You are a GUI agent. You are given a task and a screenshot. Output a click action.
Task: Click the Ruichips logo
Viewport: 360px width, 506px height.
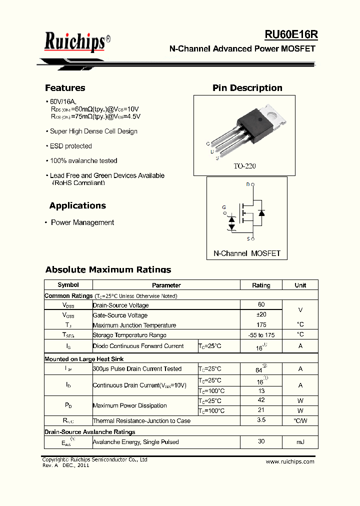[74, 42]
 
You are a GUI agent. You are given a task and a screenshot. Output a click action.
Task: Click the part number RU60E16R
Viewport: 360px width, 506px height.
[291, 34]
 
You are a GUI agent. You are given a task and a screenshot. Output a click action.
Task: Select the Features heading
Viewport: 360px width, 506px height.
[65, 88]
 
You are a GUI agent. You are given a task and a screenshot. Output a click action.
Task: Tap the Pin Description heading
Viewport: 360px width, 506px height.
[247, 88]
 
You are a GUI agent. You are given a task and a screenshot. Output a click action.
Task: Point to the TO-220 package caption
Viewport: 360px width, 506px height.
[244, 166]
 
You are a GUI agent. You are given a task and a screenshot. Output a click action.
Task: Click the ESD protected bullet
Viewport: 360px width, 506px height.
[70, 146]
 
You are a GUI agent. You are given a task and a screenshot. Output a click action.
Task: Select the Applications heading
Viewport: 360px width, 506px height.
[77, 205]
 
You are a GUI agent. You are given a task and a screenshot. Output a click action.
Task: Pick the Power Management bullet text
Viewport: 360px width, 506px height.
[82, 222]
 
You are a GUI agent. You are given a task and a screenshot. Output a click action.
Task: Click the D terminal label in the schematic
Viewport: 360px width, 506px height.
[248, 184]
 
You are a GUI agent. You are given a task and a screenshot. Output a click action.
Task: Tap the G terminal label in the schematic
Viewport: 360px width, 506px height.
[224, 207]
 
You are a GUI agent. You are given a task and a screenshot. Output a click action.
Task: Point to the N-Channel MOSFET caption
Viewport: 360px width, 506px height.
[247, 253]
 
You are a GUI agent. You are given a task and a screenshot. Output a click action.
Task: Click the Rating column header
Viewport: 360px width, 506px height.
[261, 285]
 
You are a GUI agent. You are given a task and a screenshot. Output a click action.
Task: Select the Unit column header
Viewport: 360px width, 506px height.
[300, 285]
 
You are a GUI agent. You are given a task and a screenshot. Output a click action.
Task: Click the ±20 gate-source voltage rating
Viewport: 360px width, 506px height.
[261, 314]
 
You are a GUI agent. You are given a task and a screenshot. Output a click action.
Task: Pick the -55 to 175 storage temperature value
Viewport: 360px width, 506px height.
[261, 335]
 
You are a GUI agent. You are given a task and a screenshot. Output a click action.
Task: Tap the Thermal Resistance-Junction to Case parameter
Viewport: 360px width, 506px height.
[141, 421]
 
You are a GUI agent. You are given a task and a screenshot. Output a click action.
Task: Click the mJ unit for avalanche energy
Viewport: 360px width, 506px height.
[300, 442]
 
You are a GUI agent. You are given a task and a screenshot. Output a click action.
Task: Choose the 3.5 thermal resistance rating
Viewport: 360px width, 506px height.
[261, 420]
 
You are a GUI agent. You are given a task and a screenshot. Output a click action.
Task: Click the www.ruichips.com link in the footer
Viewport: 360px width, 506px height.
[290, 461]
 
